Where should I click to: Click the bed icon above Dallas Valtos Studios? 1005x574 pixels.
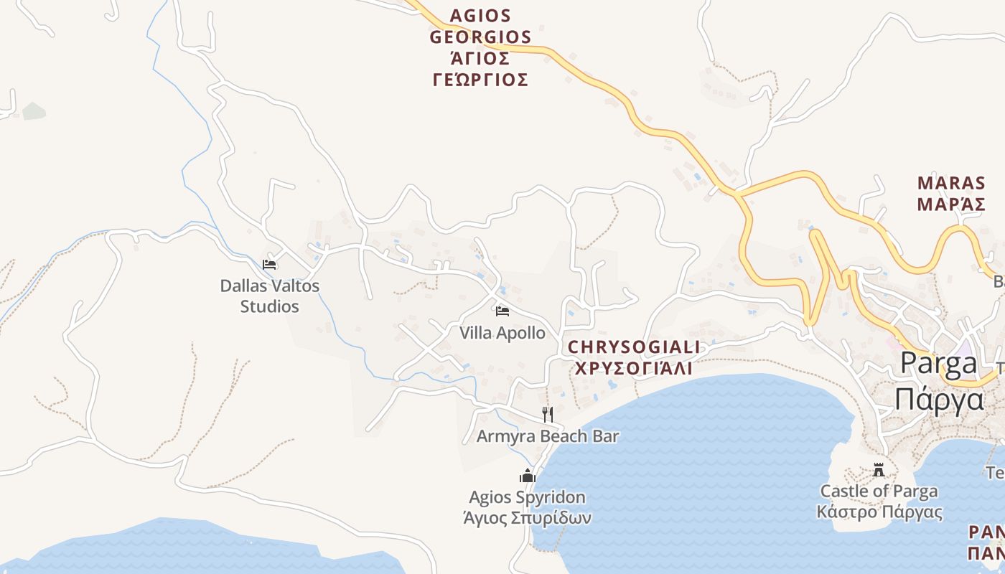tap(269, 264)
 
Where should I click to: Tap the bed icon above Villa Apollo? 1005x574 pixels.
tap(502, 311)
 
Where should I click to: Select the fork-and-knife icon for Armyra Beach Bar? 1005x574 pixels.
tap(547, 414)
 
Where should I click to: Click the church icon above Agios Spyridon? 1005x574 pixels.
tap(528, 476)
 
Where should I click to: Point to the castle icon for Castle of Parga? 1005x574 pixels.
tap(879, 471)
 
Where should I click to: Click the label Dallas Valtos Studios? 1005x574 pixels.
tap(269, 296)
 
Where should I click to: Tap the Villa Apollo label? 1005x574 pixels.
tap(502, 334)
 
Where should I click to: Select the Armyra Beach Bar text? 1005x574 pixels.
tap(548, 436)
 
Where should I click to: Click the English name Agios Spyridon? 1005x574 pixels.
tap(528, 497)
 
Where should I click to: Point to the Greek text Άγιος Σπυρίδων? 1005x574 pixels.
tap(528, 517)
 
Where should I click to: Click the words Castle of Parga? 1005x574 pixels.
tap(879, 491)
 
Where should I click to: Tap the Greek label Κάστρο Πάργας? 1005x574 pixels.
tap(879, 512)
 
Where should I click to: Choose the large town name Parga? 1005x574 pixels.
tap(938, 364)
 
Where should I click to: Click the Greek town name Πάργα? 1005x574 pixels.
tap(938, 398)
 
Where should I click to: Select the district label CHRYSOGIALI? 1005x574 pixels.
tap(634, 348)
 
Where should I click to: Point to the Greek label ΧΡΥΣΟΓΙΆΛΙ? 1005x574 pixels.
tap(634, 369)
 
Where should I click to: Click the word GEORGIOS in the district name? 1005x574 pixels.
tap(480, 37)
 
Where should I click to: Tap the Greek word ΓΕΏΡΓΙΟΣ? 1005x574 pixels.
tap(480, 80)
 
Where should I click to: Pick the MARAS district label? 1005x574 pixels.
tap(951, 183)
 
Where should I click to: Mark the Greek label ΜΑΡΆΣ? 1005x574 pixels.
tap(951, 204)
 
